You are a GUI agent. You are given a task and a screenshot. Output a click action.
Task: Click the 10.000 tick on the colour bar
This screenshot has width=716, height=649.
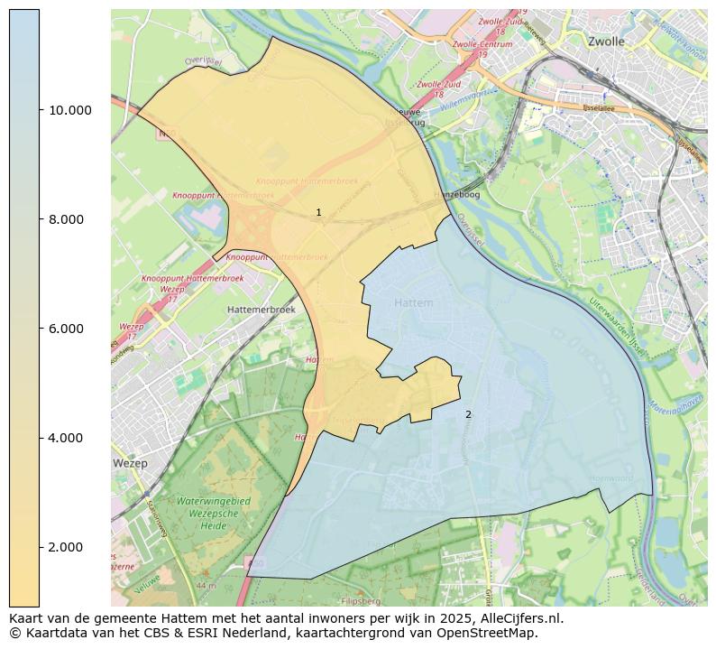coord(69,110)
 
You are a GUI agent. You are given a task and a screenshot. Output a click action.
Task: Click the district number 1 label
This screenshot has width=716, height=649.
coord(318,213)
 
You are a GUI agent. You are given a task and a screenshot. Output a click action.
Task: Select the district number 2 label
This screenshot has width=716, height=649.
coord(468,414)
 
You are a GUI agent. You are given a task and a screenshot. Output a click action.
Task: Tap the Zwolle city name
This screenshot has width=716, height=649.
coord(605,42)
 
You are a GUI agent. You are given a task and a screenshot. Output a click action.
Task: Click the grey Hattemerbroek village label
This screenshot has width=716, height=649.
coord(262,309)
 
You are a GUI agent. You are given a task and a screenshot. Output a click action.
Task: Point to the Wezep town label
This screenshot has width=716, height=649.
coord(130,463)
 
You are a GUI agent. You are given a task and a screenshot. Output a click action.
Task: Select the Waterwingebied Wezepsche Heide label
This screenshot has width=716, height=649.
coord(214,513)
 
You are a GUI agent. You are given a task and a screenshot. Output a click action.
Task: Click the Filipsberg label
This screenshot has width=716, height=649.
coord(362,600)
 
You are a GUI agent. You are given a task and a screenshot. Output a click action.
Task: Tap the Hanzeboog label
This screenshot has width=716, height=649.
coord(456,194)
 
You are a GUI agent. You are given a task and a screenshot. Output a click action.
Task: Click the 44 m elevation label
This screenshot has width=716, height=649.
coord(206,586)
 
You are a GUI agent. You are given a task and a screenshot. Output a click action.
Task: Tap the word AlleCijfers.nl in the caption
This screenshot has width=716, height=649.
coord(518,618)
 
